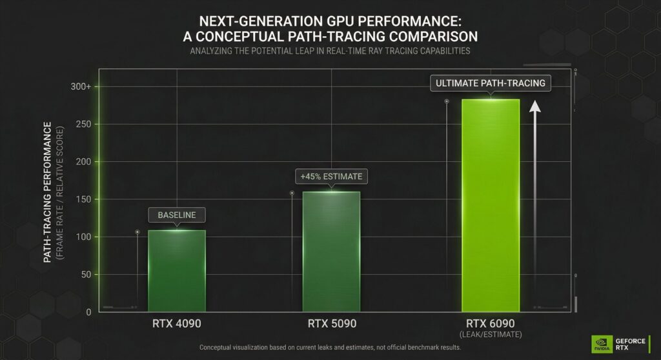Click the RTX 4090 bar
pyautogui.click(x=177, y=271)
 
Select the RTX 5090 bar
pyautogui.click(x=331, y=252)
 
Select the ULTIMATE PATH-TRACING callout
pyautogui.click(x=491, y=83)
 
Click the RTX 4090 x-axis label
pyautogui.click(x=176, y=323)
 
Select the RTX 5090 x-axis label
pyautogui.click(x=331, y=323)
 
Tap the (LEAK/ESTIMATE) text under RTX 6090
pyautogui.click(x=491, y=334)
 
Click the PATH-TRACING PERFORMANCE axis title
pyautogui.click(x=48, y=194)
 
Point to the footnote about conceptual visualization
pyautogui.click(x=330, y=348)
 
